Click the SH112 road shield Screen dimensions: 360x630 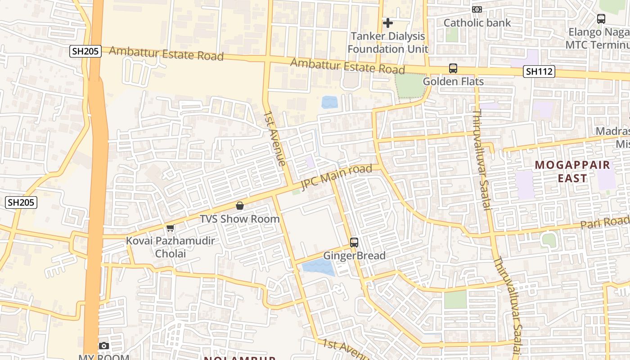click(x=539, y=71)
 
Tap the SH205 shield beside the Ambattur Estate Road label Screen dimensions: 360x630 click(x=85, y=51)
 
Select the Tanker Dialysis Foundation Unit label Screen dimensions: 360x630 click(x=387, y=42)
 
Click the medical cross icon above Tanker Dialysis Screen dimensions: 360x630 click(x=387, y=22)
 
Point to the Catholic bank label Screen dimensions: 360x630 click(x=477, y=22)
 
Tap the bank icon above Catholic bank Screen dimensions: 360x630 click(x=477, y=9)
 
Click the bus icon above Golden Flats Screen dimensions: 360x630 click(x=453, y=68)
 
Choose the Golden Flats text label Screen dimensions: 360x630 click(x=453, y=81)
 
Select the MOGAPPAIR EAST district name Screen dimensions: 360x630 click(x=572, y=171)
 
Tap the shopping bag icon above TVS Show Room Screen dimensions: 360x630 click(x=240, y=206)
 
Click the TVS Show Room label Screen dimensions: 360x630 click(x=240, y=219)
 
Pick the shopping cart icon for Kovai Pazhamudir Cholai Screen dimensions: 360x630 click(x=170, y=228)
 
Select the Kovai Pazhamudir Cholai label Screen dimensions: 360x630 click(x=170, y=247)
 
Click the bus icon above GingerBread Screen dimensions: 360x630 click(x=354, y=243)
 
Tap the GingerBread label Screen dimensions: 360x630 click(x=355, y=256)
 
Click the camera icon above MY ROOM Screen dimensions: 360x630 click(x=104, y=346)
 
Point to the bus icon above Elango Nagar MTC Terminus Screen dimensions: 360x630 click(x=601, y=19)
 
